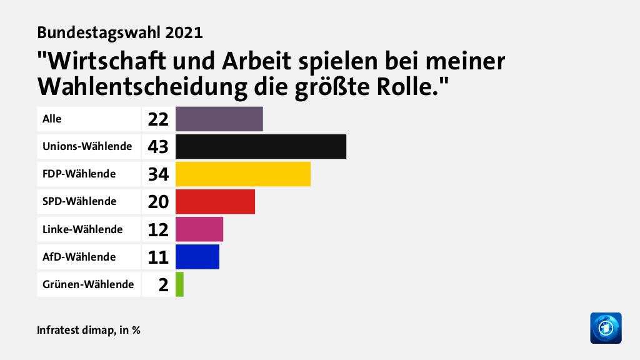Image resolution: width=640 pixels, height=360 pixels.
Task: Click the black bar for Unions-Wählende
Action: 261,146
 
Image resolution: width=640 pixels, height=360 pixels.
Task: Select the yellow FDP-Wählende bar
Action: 242,174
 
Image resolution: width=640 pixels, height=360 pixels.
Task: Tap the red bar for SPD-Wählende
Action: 215,201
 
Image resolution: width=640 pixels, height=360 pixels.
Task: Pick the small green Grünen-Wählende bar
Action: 179,284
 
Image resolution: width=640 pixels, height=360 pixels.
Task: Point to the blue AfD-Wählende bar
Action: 197,257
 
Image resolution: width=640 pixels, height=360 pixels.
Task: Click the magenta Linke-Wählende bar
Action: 199,229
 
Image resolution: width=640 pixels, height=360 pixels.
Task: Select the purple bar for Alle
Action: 219,119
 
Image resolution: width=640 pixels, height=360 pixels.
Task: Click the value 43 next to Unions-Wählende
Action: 158,146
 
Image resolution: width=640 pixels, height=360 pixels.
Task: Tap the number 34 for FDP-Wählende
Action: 158,174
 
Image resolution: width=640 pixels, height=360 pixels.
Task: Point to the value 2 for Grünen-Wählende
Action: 163,285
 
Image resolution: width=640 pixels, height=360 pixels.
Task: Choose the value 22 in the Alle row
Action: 158,119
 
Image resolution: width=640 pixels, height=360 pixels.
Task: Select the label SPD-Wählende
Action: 79,201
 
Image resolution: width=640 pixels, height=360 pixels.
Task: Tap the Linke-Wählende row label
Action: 82,229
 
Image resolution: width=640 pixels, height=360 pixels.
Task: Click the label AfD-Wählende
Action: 79,257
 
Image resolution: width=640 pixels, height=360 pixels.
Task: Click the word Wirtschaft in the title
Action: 104,62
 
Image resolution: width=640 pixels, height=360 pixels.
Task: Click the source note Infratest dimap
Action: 74,329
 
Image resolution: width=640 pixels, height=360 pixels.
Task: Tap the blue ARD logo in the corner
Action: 606,327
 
